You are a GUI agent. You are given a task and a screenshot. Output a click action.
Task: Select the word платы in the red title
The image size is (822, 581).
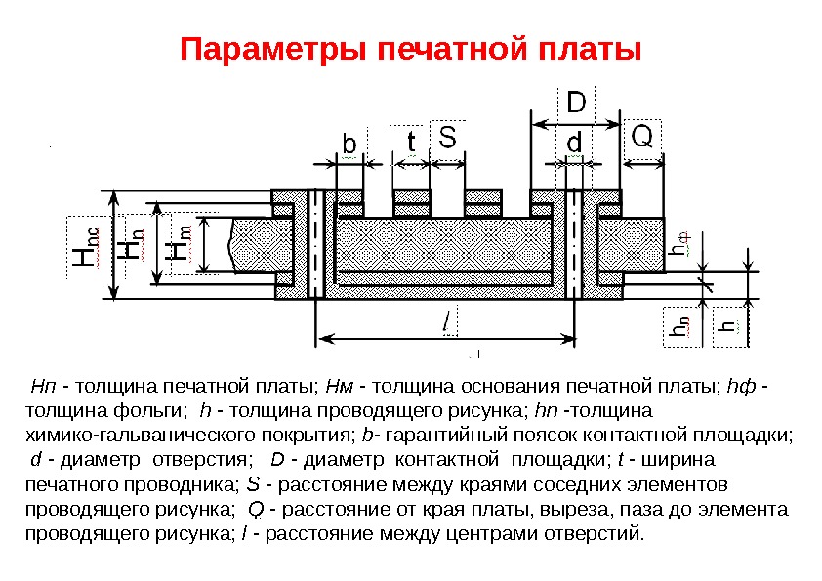coord(595,49)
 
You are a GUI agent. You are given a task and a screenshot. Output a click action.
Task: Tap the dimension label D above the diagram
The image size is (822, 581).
coord(577,103)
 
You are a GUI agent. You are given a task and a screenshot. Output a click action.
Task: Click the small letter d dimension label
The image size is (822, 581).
coord(576,143)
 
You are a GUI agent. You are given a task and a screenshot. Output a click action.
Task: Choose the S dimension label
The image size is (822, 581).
coord(445,138)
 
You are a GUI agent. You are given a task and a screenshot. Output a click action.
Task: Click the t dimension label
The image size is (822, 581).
coord(411,143)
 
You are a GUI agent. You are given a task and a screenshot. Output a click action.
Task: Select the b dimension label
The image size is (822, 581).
coord(349,145)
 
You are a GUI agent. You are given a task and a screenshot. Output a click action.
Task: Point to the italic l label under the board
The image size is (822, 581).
coord(447,319)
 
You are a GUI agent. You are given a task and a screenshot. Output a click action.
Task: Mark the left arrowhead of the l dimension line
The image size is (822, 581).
coord(322,338)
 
